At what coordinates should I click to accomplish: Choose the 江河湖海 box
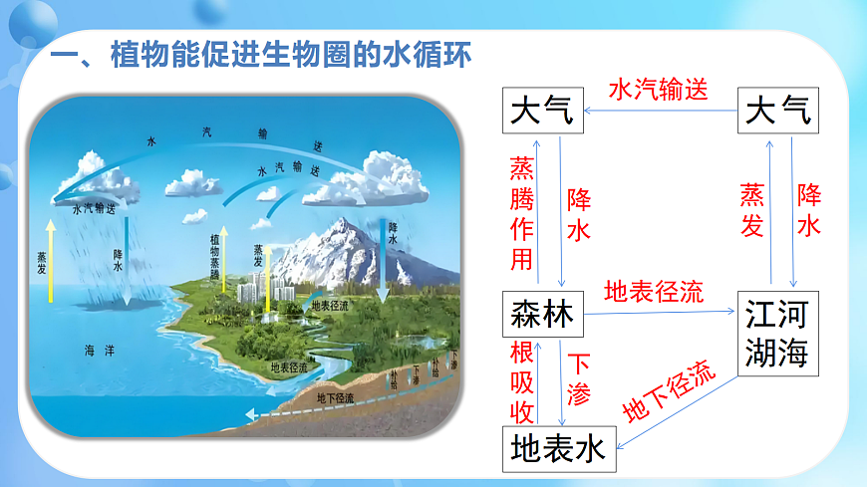point(777,333)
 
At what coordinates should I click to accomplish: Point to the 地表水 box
point(559,448)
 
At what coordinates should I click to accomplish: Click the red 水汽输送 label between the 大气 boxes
point(659,90)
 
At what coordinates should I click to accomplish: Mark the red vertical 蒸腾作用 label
point(522,213)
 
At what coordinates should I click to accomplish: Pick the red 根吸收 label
point(522,382)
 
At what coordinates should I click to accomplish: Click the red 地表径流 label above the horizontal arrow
point(654,293)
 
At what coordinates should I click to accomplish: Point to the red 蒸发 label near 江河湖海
point(752,210)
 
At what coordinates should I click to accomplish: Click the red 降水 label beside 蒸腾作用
point(579,214)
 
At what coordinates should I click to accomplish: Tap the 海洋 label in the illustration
point(100,351)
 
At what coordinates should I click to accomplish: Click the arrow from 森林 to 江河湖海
point(658,313)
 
